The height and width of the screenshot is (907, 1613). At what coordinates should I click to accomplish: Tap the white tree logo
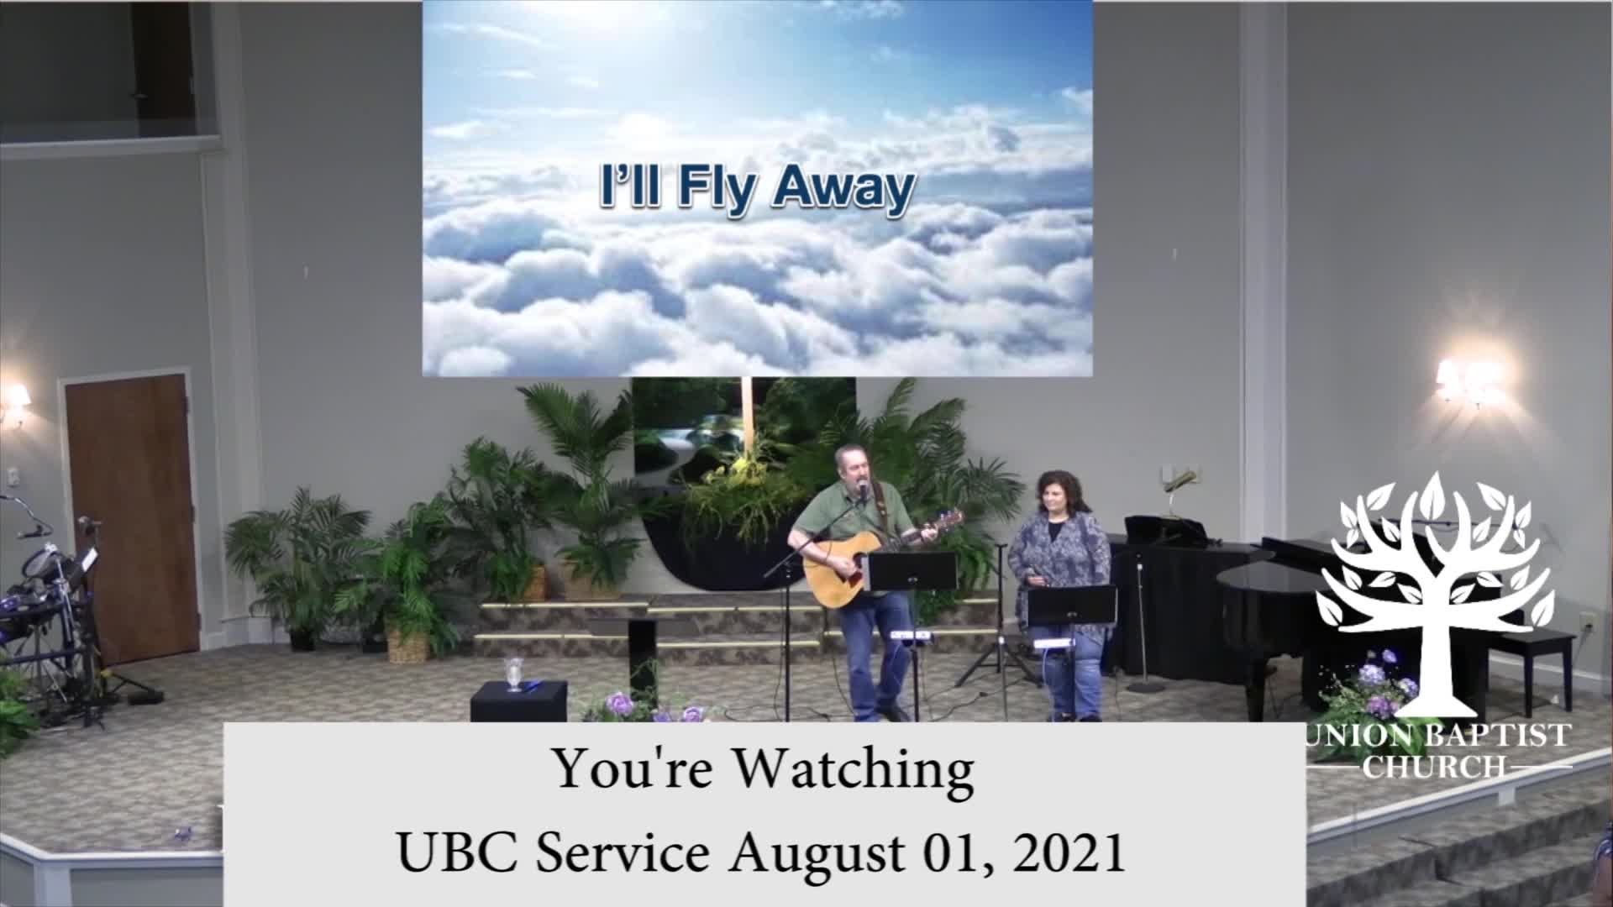[1435, 596]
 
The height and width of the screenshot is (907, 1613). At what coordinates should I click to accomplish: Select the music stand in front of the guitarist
[912, 571]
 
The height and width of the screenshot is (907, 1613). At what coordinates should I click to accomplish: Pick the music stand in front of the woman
[1072, 605]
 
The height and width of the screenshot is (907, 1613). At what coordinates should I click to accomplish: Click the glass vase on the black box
[512, 674]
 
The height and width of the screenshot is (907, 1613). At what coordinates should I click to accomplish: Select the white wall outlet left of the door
[13, 476]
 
